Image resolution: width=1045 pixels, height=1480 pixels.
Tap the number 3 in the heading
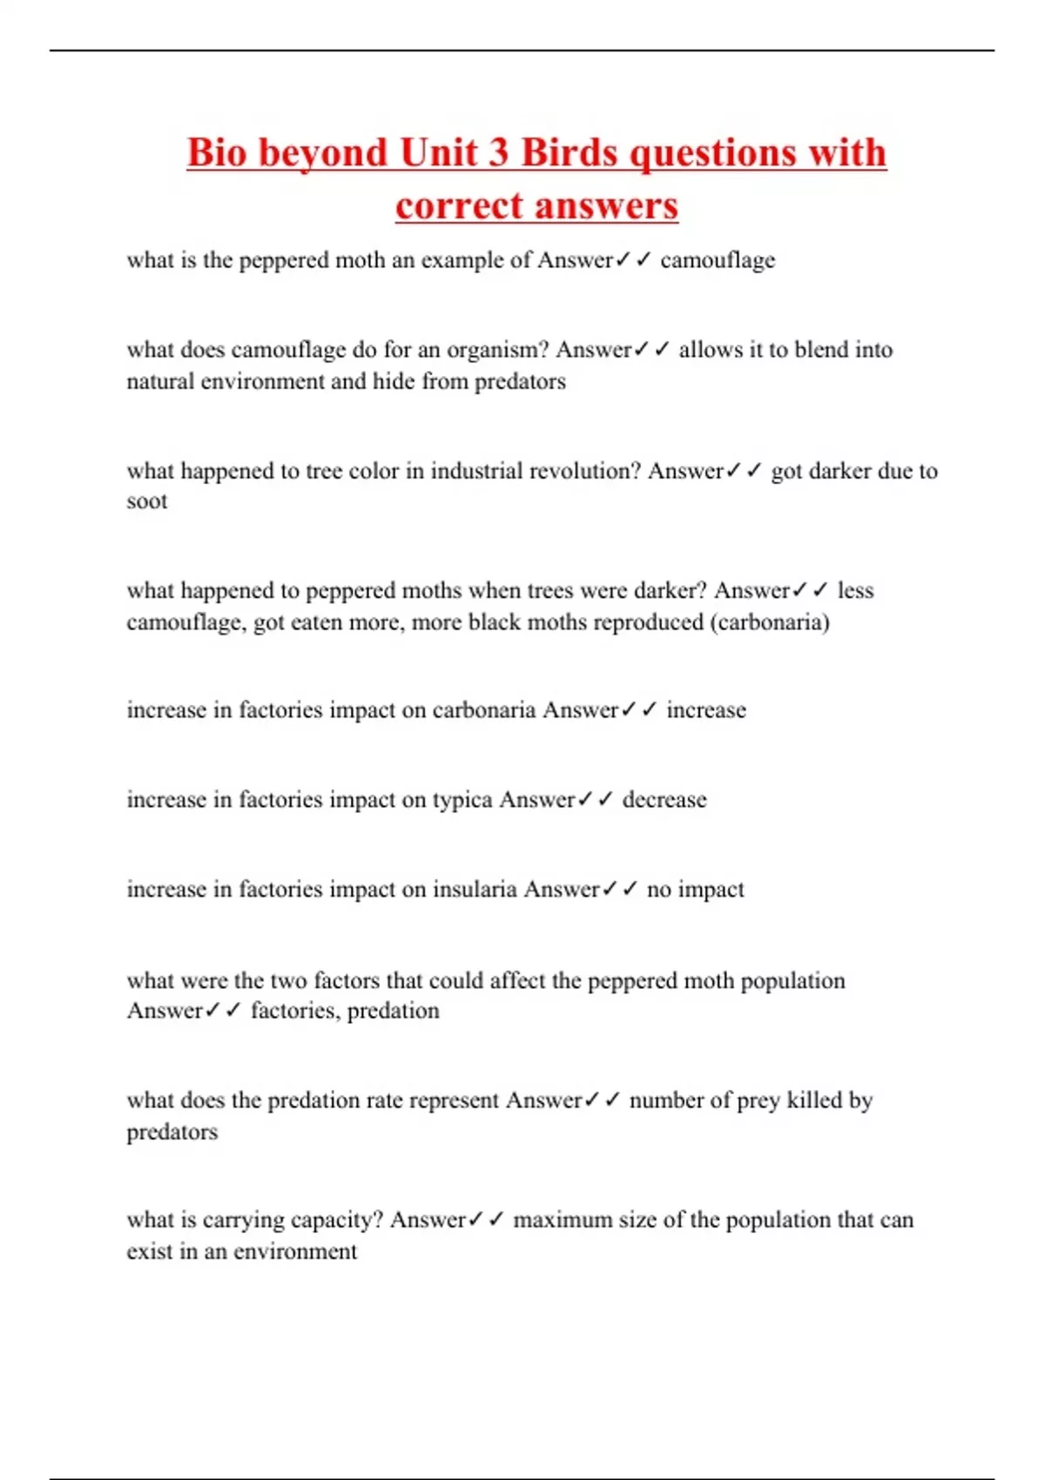click(498, 153)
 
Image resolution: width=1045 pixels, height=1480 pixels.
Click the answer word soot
click(146, 501)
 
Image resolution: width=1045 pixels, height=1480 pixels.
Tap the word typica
click(462, 800)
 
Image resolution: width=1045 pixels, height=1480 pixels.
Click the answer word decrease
click(664, 800)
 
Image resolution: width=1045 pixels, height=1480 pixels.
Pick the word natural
click(160, 381)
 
